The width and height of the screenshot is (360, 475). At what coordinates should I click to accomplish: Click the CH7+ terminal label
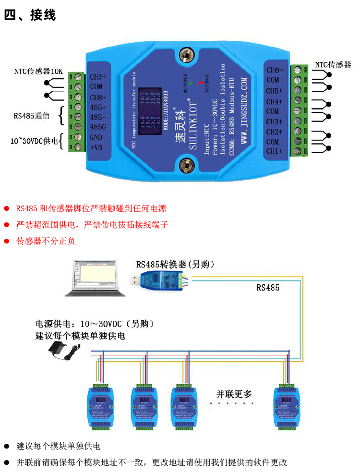coord(98,77)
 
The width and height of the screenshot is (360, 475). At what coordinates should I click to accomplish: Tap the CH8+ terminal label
coord(98,97)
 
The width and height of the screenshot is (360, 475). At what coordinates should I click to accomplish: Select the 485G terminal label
coord(98,127)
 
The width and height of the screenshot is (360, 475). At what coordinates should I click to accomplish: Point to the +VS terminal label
coord(97,147)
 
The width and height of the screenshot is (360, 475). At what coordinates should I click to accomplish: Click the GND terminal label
coord(97,137)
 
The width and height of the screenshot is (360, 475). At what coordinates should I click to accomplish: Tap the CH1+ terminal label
coord(275,151)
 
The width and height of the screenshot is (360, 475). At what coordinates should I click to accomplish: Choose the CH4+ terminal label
coord(275,101)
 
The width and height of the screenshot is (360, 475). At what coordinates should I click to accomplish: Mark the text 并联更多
coord(234,394)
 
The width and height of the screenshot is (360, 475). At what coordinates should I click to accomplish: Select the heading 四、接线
coord(30,15)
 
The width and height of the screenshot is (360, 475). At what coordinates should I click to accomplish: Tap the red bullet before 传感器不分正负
coord(7,241)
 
